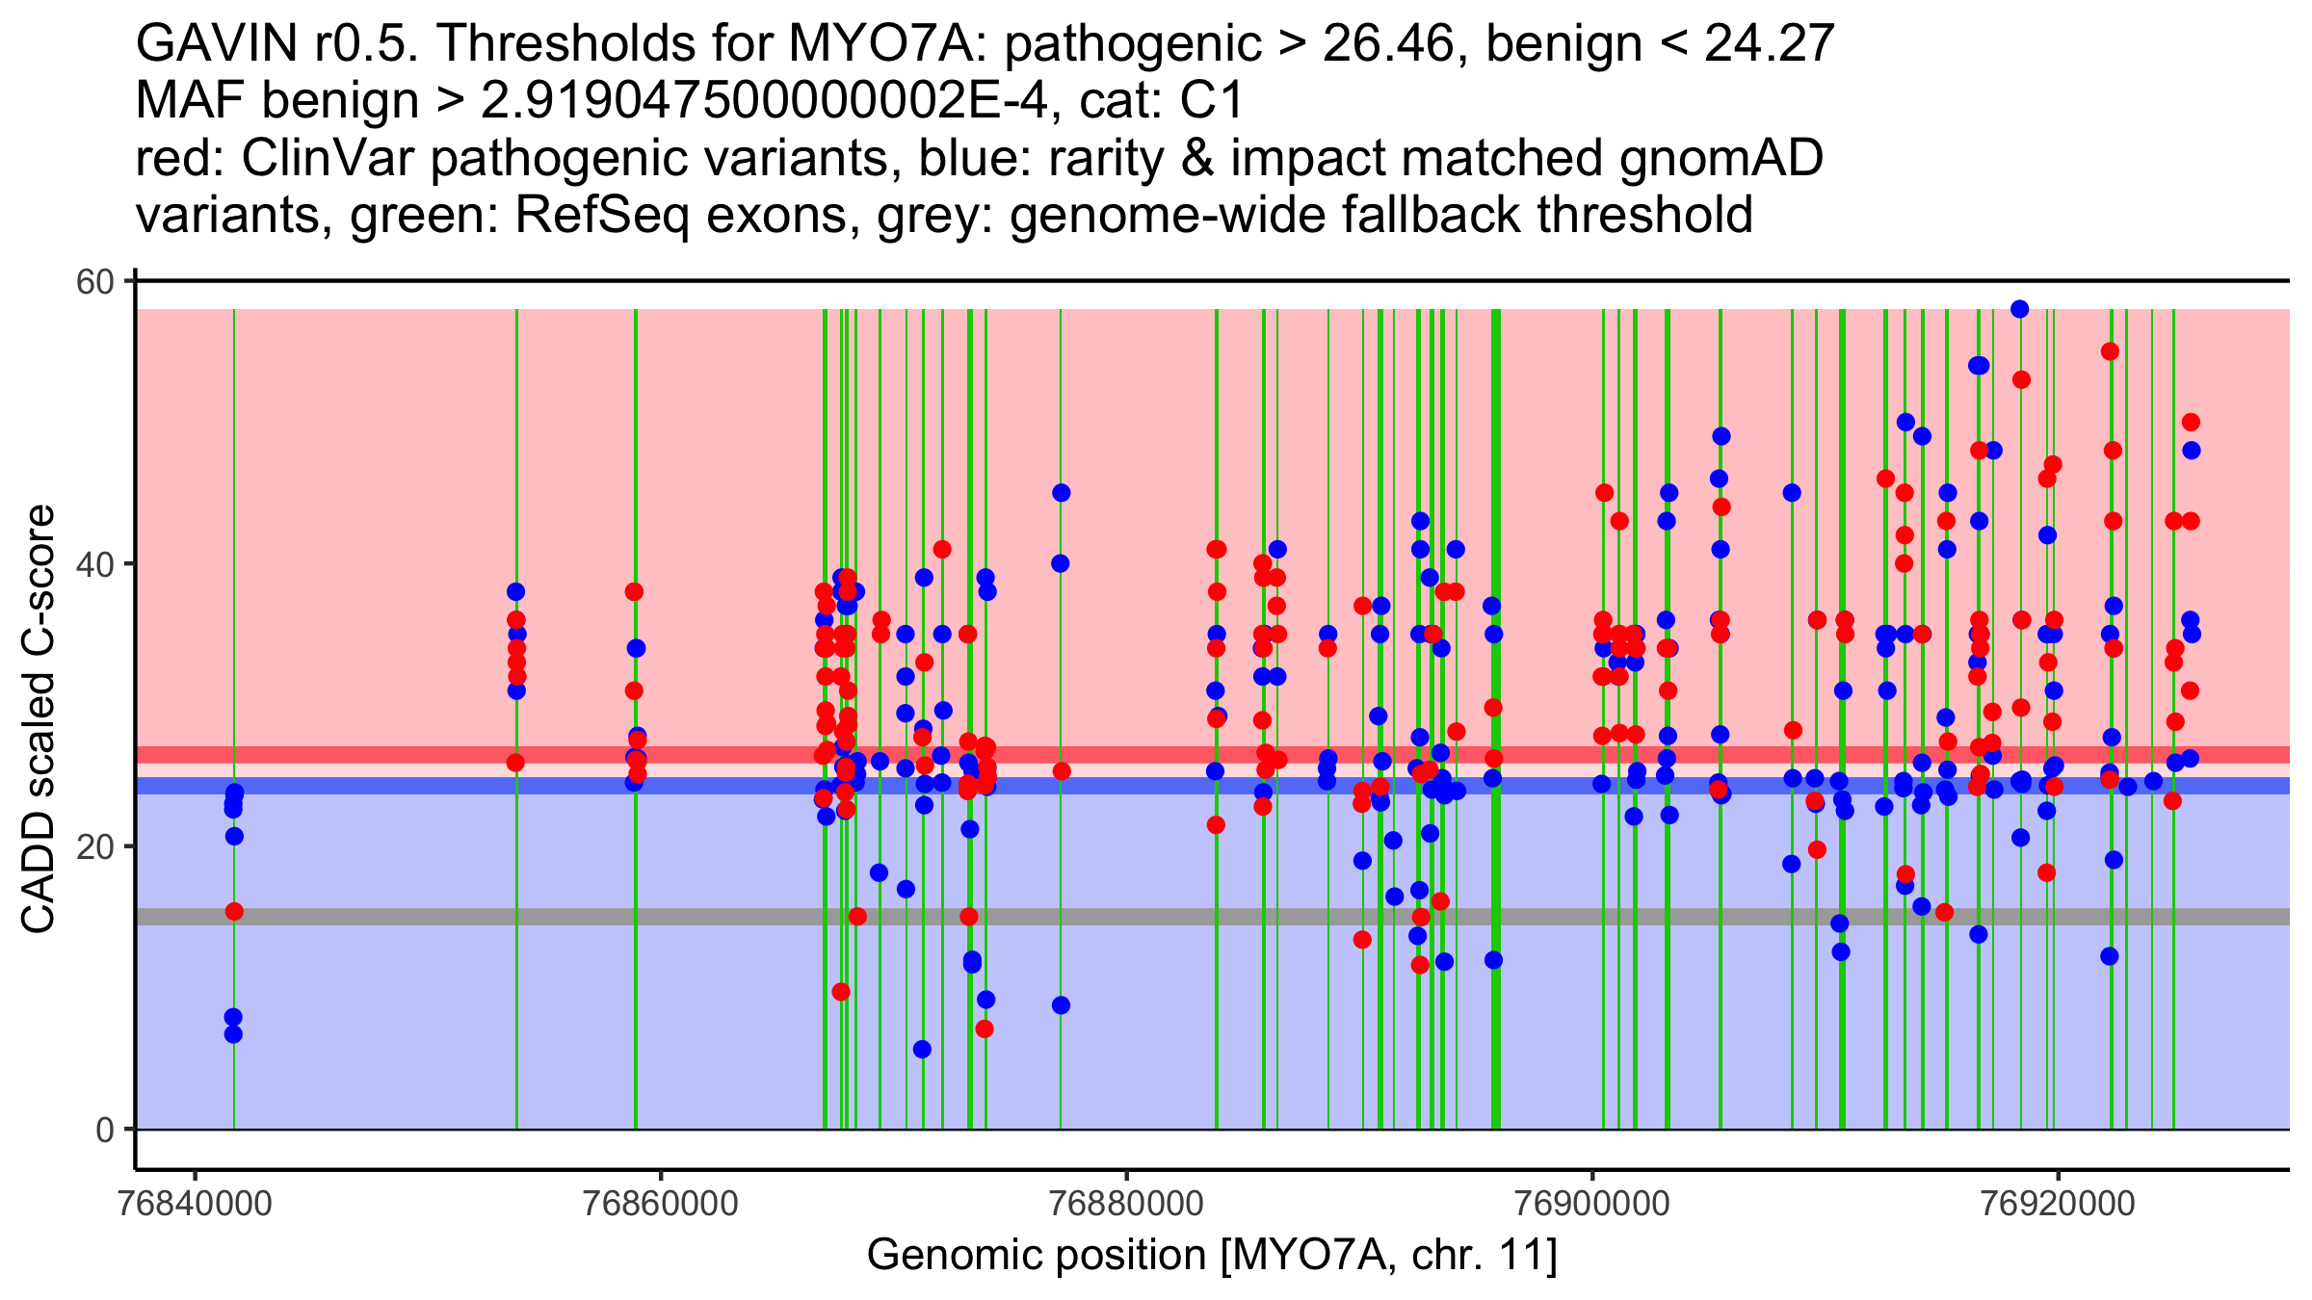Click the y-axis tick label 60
click(x=94, y=282)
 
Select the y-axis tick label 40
click(x=94, y=564)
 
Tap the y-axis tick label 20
click(x=94, y=847)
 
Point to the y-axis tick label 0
click(x=104, y=1131)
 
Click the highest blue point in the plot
click(x=2020, y=309)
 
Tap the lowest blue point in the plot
click(x=922, y=1049)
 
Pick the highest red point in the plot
click(x=2110, y=351)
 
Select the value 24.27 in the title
click(x=1769, y=44)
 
